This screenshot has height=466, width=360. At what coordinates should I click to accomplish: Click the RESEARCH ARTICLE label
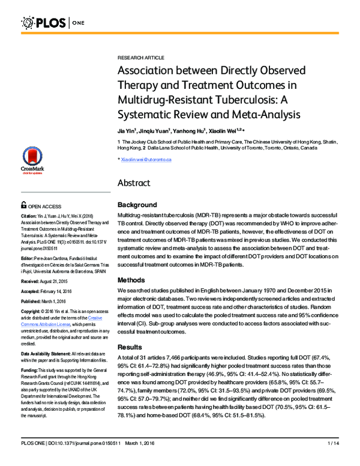pos(140,57)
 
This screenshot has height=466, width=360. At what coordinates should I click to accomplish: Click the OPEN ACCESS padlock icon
pos(23,204)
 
